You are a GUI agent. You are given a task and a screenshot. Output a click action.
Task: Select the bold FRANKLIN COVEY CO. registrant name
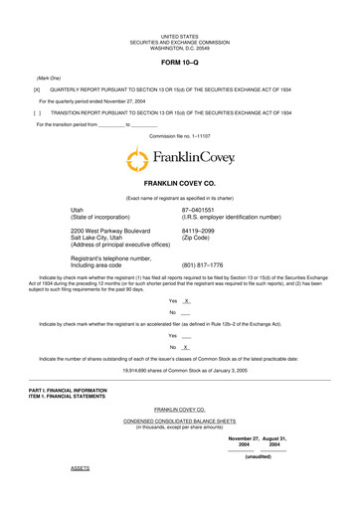click(x=180, y=185)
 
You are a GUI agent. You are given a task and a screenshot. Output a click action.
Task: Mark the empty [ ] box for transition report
click(x=36, y=113)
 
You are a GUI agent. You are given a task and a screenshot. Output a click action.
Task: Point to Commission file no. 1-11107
click(x=180, y=135)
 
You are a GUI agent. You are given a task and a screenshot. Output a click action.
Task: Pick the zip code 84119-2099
click(x=200, y=232)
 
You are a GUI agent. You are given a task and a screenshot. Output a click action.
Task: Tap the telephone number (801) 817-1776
click(x=203, y=265)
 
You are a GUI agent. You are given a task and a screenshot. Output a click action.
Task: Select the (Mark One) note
click(x=50, y=77)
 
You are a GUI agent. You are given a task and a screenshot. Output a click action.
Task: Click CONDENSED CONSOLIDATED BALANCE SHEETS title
click(x=180, y=421)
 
